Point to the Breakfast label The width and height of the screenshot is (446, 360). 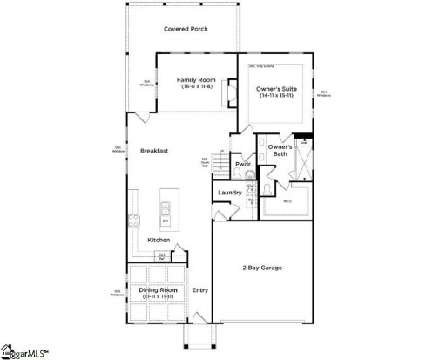[154, 151]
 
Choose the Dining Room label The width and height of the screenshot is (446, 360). [159, 289]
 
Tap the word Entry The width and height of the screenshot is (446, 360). [200, 290]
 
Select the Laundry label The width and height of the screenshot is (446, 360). [230, 192]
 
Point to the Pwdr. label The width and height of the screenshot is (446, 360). [243, 165]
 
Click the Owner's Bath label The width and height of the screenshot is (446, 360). [280, 153]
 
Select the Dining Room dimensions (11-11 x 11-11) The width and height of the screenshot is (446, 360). [159, 296]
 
